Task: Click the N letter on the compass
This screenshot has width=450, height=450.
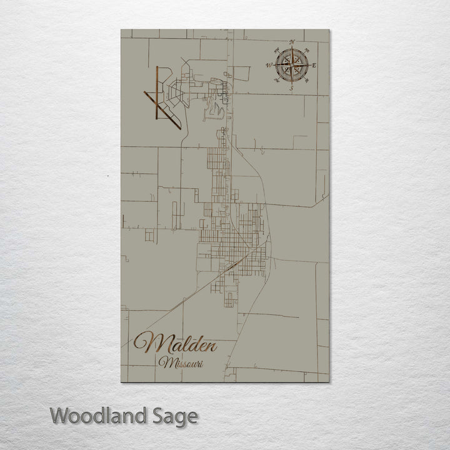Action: coord(291,41)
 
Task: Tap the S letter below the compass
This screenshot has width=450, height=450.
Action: coord(291,89)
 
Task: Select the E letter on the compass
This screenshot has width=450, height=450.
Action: coord(314,65)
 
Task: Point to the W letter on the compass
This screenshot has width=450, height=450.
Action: coord(268,65)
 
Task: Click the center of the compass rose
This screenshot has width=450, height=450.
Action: coord(291,65)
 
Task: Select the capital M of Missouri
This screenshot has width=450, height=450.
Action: coord(165,362)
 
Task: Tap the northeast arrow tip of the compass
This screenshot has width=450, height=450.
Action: coord(304,52)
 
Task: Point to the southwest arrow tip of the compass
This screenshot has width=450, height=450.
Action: coord(278,77)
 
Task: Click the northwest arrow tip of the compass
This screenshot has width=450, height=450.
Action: coord(278,52)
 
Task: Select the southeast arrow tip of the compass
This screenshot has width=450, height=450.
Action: coord(304,77)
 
